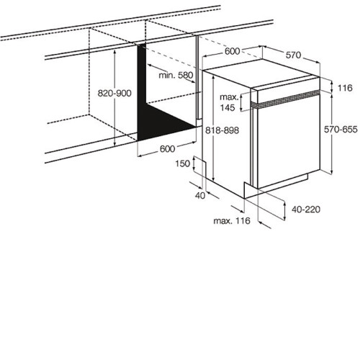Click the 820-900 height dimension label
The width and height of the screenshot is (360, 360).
(x=114, y=93)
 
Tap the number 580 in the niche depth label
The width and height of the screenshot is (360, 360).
(x=186, y=76)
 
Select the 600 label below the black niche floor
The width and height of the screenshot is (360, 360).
(x=167, y=149)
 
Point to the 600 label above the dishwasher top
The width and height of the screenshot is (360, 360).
(x=232, y=51)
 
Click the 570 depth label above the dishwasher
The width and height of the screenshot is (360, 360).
(x=293, y=55)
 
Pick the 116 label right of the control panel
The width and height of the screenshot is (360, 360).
(x=345, y=88)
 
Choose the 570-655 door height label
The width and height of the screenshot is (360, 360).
(x=341, y=130)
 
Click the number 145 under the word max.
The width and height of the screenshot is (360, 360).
(x=228, y=108)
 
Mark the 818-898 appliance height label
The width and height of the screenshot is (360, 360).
(x=222, y=130)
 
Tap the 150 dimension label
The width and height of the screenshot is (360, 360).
(x=183, y=163)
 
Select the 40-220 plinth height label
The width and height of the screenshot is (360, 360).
(x=306, y=210)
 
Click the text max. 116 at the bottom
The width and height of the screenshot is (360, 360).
(x=232, y=220)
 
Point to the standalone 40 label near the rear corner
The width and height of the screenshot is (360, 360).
(x=200, y=196)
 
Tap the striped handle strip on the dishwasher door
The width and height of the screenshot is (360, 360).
(x=285, y=99)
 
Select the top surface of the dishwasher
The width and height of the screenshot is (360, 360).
(x=261, y=73)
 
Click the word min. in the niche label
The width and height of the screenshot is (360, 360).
(x=167, y=76)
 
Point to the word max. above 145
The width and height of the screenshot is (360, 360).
(x=230, y=97)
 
